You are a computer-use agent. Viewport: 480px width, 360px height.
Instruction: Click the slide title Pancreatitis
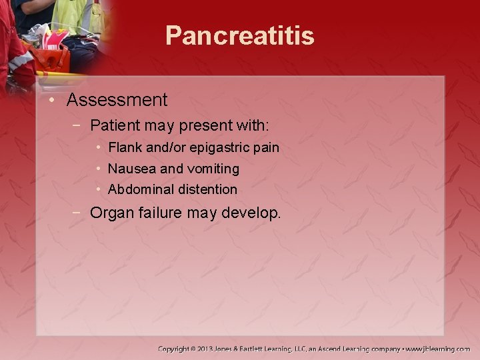[x=239, y=35]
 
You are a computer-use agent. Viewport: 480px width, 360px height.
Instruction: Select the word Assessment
[x=117, y=100]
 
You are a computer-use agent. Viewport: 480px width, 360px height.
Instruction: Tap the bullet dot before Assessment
[x=52, y=100]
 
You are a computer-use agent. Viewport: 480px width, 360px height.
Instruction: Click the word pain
[x=266, y=147]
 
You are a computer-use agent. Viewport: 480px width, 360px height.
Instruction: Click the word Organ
[x=111, y=213]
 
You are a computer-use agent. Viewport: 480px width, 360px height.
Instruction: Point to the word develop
[x=255, y=214]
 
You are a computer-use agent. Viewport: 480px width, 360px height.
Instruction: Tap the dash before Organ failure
[x=78, y=213]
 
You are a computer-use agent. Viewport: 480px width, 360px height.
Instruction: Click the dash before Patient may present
[x=78, y=125]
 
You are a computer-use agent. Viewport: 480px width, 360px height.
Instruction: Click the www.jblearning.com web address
[x=438, y=349]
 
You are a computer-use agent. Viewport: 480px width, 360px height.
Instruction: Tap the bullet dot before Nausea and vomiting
[x=98, y=169]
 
